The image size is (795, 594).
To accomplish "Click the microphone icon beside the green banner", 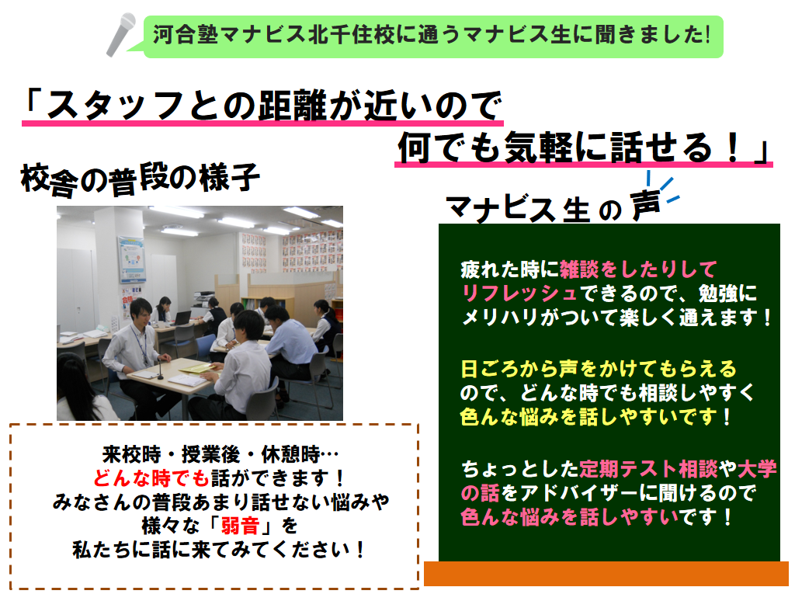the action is click(121, 34).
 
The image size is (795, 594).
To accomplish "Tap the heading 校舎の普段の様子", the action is click(140, 179).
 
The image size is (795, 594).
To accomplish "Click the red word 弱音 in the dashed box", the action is click(241, 526).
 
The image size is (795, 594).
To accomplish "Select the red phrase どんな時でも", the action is click(151, 478).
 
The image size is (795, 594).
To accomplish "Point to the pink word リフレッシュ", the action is click(519, 294).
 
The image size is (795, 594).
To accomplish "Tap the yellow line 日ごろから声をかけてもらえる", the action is click(599, 369).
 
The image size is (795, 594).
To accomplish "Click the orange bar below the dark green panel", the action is click(606, 573).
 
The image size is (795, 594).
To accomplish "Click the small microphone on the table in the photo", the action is click(161, 368).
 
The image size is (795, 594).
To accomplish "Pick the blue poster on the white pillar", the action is click(132, 259).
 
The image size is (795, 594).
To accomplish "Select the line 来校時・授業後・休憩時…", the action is click(220, 454).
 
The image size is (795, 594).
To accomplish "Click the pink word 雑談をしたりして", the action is click(639, 269).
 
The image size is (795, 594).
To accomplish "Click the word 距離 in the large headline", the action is click(293, 106).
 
